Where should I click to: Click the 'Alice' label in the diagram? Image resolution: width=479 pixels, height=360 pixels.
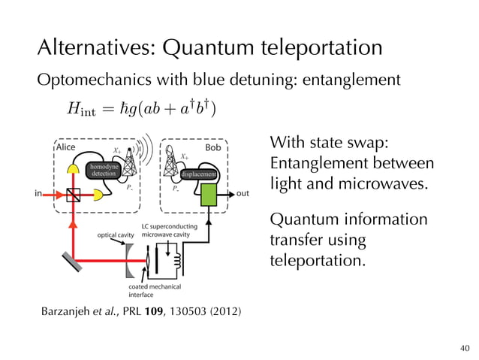tap(66, 147)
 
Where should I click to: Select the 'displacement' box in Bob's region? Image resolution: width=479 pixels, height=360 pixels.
tap(199, 174)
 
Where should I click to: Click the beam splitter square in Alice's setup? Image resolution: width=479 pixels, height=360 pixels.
tap(73, 194)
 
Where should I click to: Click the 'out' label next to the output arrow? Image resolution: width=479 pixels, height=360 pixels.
tap(243, 194)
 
